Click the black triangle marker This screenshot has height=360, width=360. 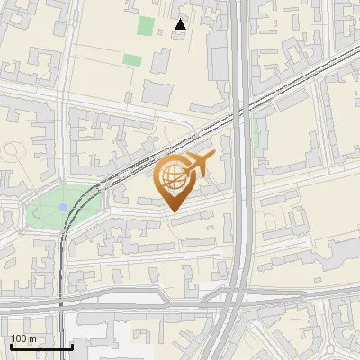(181, 24)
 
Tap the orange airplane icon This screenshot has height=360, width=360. (199, 164)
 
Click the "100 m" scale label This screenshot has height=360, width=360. (23, 338)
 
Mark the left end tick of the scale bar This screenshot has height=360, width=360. (12, 346)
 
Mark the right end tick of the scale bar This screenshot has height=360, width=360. (72, 346)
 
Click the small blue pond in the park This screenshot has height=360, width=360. (61, 207)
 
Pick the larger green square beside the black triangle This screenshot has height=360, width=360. (146, 25)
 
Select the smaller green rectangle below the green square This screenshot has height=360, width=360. (132, 60)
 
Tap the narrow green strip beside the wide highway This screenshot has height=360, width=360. (256, 134)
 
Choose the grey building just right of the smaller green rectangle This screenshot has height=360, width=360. (160, 61)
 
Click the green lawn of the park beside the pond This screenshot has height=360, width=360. (45, 211)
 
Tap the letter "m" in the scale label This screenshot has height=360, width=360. (33, 338)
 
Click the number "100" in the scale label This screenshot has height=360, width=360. (19, 338)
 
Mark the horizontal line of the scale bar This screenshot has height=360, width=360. (41, 347)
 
